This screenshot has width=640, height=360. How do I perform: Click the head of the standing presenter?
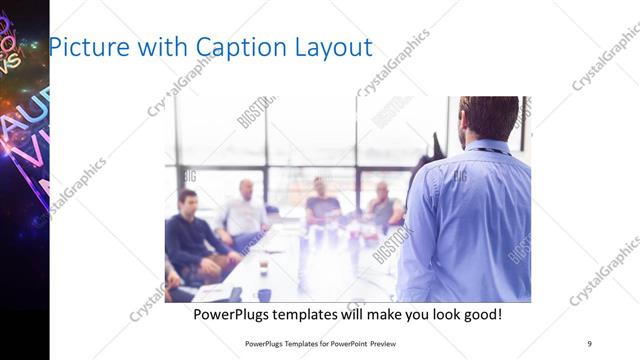(x=489, y=118)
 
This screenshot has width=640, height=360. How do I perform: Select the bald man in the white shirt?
(x=245, y=210)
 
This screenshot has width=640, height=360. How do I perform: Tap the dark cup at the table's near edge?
(x=264, y=294)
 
